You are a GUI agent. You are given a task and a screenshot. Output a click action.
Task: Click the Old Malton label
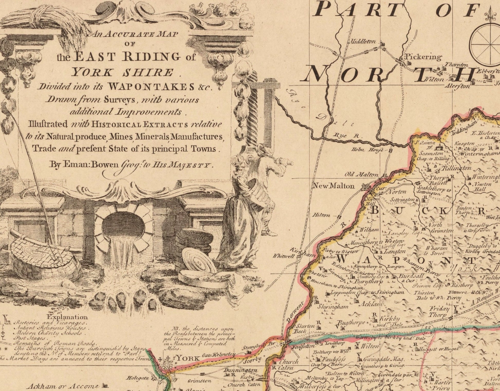(361, 175)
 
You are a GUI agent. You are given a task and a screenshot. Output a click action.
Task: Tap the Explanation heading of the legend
(67, 317)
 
